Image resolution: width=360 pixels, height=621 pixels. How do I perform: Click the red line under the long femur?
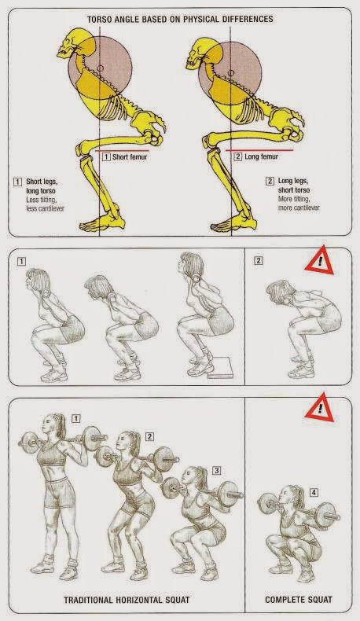point(260,150)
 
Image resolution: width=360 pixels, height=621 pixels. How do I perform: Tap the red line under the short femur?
point(123,150)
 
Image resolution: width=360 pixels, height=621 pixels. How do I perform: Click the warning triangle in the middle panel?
point(319,261)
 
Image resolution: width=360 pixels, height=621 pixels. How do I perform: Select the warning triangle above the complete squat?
point(319,408)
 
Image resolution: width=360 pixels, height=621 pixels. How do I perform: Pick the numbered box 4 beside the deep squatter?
point(314,493)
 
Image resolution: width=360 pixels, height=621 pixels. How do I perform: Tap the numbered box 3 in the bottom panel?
point(217,471)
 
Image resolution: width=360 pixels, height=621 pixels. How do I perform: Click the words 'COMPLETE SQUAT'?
point(298,600)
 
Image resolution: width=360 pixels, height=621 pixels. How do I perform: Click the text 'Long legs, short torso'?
point(293,186)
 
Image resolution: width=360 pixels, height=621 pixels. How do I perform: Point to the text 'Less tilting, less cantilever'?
point(45,204)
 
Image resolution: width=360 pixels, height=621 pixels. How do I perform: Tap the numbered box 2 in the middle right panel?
point(259,260)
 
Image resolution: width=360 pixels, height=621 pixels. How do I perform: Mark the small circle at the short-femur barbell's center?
point(100,68)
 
